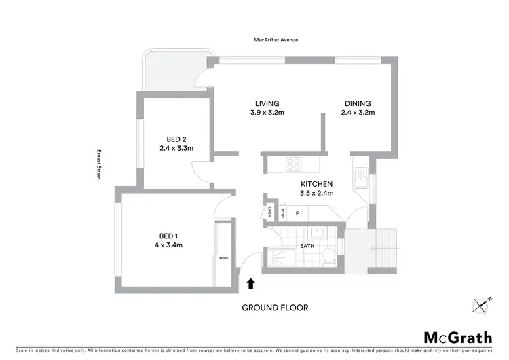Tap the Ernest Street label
(x=98, y=164)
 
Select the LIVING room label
(x=266, y=103)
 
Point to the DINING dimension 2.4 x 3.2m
(x=357, y=113)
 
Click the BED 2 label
(x=176, y=139)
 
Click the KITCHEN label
(x=317, y=184)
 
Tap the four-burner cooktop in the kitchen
(x=295, y=164)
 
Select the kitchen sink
(x=360, y=179)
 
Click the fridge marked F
(x=297, y=213)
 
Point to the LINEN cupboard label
(x=270, y=212)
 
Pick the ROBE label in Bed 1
(x=223, y=257)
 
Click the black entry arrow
(x=250, y=283)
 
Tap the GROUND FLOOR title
(x=276, y=308)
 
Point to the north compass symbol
(x=483, y=306)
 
